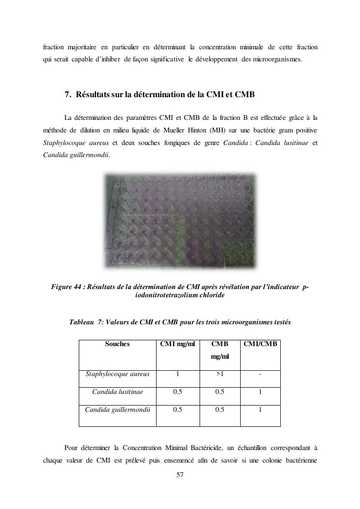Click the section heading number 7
[x=68, y=95]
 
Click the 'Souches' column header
[x=117, y=344]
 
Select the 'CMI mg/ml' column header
[x=177, y=344]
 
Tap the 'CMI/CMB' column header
[x=260, y=344]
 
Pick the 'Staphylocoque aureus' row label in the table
[x=117, y=374]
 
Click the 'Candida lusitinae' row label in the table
[x=117, y=392]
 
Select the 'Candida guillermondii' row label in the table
[x=117, y=410]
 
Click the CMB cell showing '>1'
[x=219, y=374]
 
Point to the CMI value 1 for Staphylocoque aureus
[x=177, y=374]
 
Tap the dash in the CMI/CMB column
[x=260, y=374]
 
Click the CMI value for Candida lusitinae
[x=177, y=392]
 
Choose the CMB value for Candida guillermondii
[x=219, y=410]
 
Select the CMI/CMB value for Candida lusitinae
[x=260, y=392]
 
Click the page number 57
[x=180, y=475]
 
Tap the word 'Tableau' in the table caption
[x=82, y=322]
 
